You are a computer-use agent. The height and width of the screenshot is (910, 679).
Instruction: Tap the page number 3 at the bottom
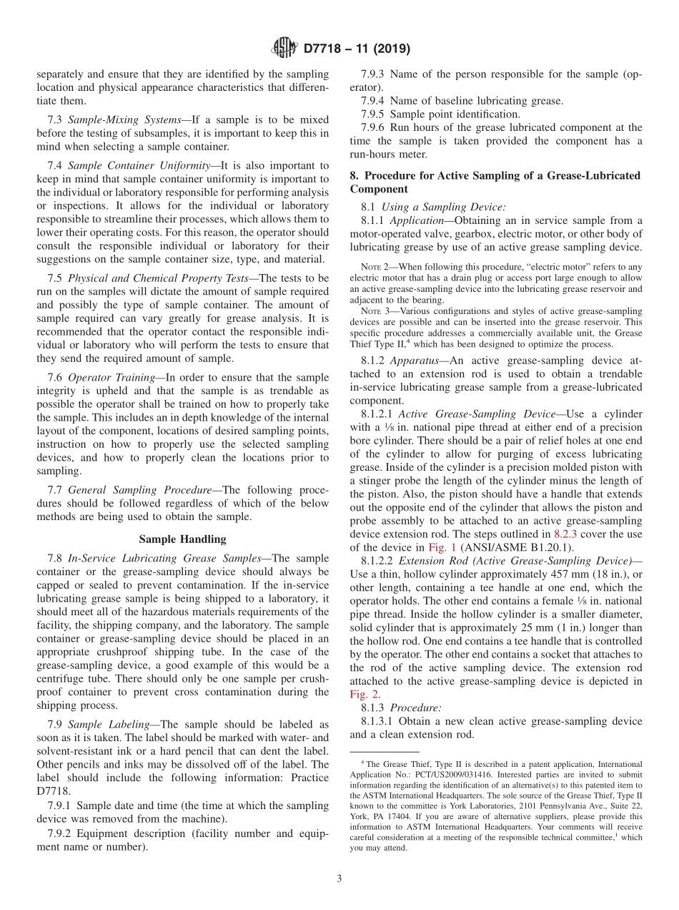tap(339, 879)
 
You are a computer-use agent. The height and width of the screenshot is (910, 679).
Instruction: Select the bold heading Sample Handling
tap(182, 539)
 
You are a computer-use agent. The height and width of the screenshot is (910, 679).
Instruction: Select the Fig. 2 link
tap(362, 693)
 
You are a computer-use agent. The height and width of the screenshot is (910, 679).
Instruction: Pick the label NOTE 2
tap(373, 266)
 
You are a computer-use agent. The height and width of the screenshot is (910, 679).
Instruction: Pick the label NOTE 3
tap(373, 311)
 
